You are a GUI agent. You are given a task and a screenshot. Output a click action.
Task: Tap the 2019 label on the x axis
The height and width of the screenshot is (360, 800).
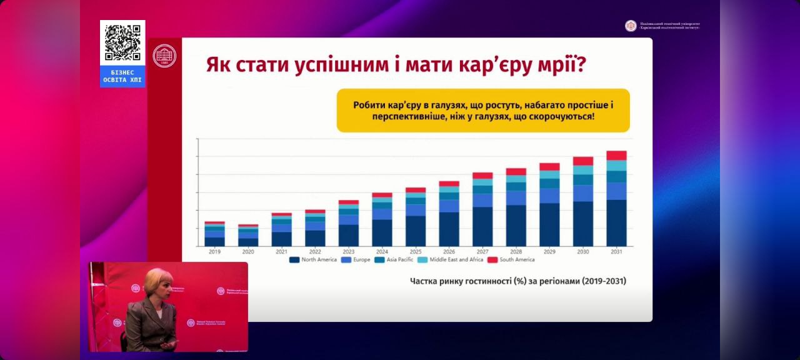214,251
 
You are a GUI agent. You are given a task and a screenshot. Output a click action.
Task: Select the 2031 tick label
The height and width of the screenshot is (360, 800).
616,251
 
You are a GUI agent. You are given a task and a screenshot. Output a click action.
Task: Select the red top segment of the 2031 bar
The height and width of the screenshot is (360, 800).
616,156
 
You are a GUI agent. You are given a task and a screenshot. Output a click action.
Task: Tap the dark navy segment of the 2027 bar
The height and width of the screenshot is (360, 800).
482,226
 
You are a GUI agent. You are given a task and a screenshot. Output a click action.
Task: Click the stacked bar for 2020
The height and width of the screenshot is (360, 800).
248,236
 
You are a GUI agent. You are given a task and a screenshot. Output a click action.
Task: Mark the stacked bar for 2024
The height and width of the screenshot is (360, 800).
382,219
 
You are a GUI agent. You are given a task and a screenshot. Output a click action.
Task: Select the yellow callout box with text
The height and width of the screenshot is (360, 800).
483,111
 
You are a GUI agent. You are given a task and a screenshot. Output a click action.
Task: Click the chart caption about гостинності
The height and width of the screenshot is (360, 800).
517,281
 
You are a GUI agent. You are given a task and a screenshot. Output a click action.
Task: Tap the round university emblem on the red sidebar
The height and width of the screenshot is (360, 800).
164,56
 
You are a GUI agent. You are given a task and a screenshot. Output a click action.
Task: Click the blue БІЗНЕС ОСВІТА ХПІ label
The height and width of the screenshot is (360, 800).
122,76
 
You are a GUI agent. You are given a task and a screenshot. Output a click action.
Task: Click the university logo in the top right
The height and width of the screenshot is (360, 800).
631,26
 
